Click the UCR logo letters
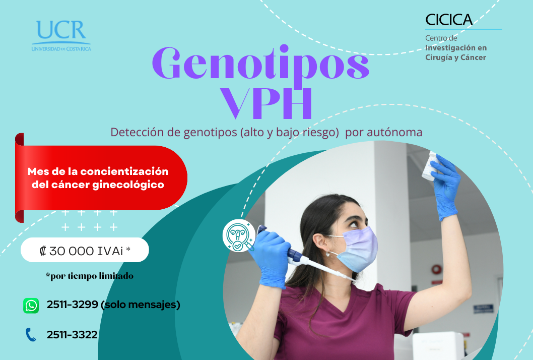(x=61, y=30)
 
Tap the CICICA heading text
(x=449, y=20)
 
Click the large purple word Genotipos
(x=260, y=64)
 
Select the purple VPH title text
(x=266, y=103)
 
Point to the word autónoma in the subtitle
(x=394, y=132)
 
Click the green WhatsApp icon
(x=31, y=305)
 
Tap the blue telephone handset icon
(x=31, y=335)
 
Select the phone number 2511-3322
(x=72, y=335)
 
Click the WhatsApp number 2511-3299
(x=73, y=304)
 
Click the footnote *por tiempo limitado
(x=90, y=276)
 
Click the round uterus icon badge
(x=239, y=235)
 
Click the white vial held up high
(x=429, y=166)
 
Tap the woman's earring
(x=327, y=254)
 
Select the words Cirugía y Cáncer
(x=455, y=57)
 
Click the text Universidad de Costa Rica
(x=61, y=49)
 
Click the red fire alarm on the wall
(x=436, y=270)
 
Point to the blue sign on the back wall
(x=483, y=309)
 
